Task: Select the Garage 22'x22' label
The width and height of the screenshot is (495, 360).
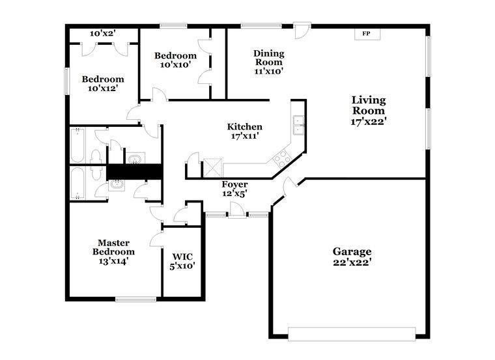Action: click(x=352, y=256)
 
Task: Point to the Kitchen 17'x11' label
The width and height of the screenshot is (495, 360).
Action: click(x=244, y=132)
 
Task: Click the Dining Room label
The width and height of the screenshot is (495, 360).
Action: click(x=268, y=62)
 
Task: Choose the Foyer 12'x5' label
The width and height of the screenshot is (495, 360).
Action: click(x=234, y=189)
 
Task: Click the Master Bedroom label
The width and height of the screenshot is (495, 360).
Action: click(x=113, y=251)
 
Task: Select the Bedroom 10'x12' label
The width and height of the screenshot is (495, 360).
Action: click(x=102, y=84)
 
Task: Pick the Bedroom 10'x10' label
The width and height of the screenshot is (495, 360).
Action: click(x=175, y=60)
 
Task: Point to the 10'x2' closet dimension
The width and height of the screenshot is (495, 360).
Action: click(x=103, y=33)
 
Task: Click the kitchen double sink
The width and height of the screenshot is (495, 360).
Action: click(x=299, y=124)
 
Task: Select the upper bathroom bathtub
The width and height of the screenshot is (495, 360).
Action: click(x=78, y=145)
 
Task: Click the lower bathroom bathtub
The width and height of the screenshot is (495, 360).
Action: click(x=78, y=184)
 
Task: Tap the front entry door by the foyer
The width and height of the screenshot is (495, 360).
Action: click(x=238, y=212)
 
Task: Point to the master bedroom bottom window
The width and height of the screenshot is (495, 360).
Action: click(x=135, y=299)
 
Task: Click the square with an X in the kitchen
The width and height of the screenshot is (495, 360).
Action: click(x=213, y=168)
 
